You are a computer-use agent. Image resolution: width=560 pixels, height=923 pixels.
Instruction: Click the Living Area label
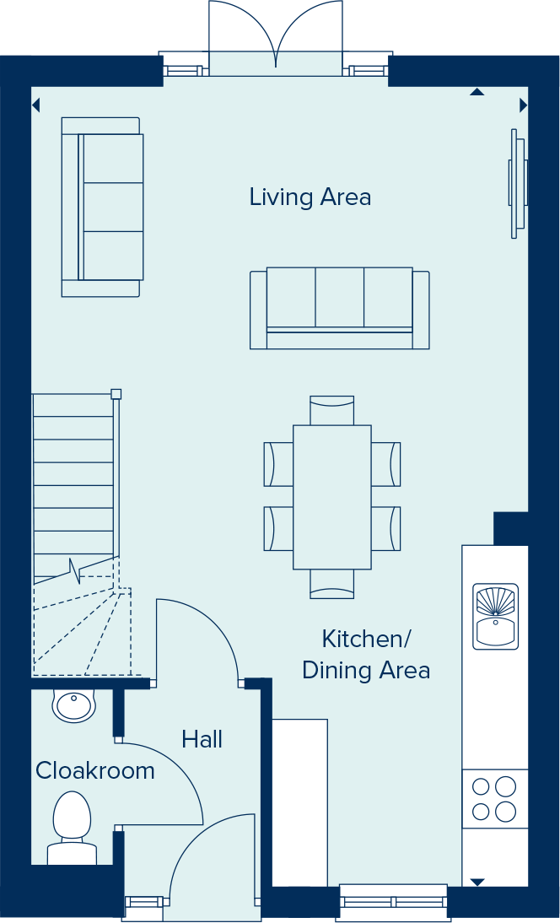tap(310, 197)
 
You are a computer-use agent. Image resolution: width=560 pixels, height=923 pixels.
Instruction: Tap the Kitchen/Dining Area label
tap(366, 655)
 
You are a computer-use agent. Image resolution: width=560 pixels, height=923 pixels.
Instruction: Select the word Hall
tap(202, 740)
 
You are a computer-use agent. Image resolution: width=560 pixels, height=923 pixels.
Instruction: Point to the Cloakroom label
tap(94, 771)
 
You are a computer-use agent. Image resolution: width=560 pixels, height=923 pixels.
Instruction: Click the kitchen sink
tap(495, 616)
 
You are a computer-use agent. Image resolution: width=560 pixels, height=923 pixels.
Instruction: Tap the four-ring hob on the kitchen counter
tap(494, 799)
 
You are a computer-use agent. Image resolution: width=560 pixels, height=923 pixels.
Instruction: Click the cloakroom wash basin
tap(74, 705)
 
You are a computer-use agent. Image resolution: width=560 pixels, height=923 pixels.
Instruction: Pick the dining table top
tap(331, 496)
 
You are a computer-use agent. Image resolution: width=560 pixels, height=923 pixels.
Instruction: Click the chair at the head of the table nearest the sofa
tap(331, 411)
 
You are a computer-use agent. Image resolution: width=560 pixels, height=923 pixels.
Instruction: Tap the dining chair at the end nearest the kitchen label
tap(331, 584)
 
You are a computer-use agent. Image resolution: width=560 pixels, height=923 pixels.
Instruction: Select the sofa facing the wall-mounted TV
tap(339, 308)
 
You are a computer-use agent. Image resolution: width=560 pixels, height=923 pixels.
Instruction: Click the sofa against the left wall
tap(102, 207)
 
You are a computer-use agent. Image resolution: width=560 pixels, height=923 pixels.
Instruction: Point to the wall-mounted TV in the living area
tap(517, 183)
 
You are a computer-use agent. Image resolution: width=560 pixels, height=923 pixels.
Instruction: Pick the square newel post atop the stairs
tap(116, 393)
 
